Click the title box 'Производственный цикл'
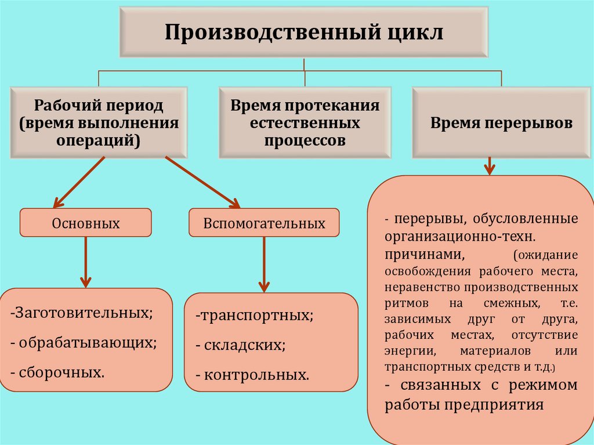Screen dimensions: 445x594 click(304, 32)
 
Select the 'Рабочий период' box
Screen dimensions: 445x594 click(98, 122)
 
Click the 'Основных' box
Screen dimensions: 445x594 click(86, 223)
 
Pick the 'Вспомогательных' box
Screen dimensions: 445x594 click(264, 223)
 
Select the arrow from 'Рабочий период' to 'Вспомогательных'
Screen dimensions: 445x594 click(203, 182)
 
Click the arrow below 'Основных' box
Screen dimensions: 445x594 click(86, 261)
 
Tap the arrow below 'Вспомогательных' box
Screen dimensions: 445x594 click(264, 263)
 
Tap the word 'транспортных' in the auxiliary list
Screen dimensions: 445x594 click(256, 316)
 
